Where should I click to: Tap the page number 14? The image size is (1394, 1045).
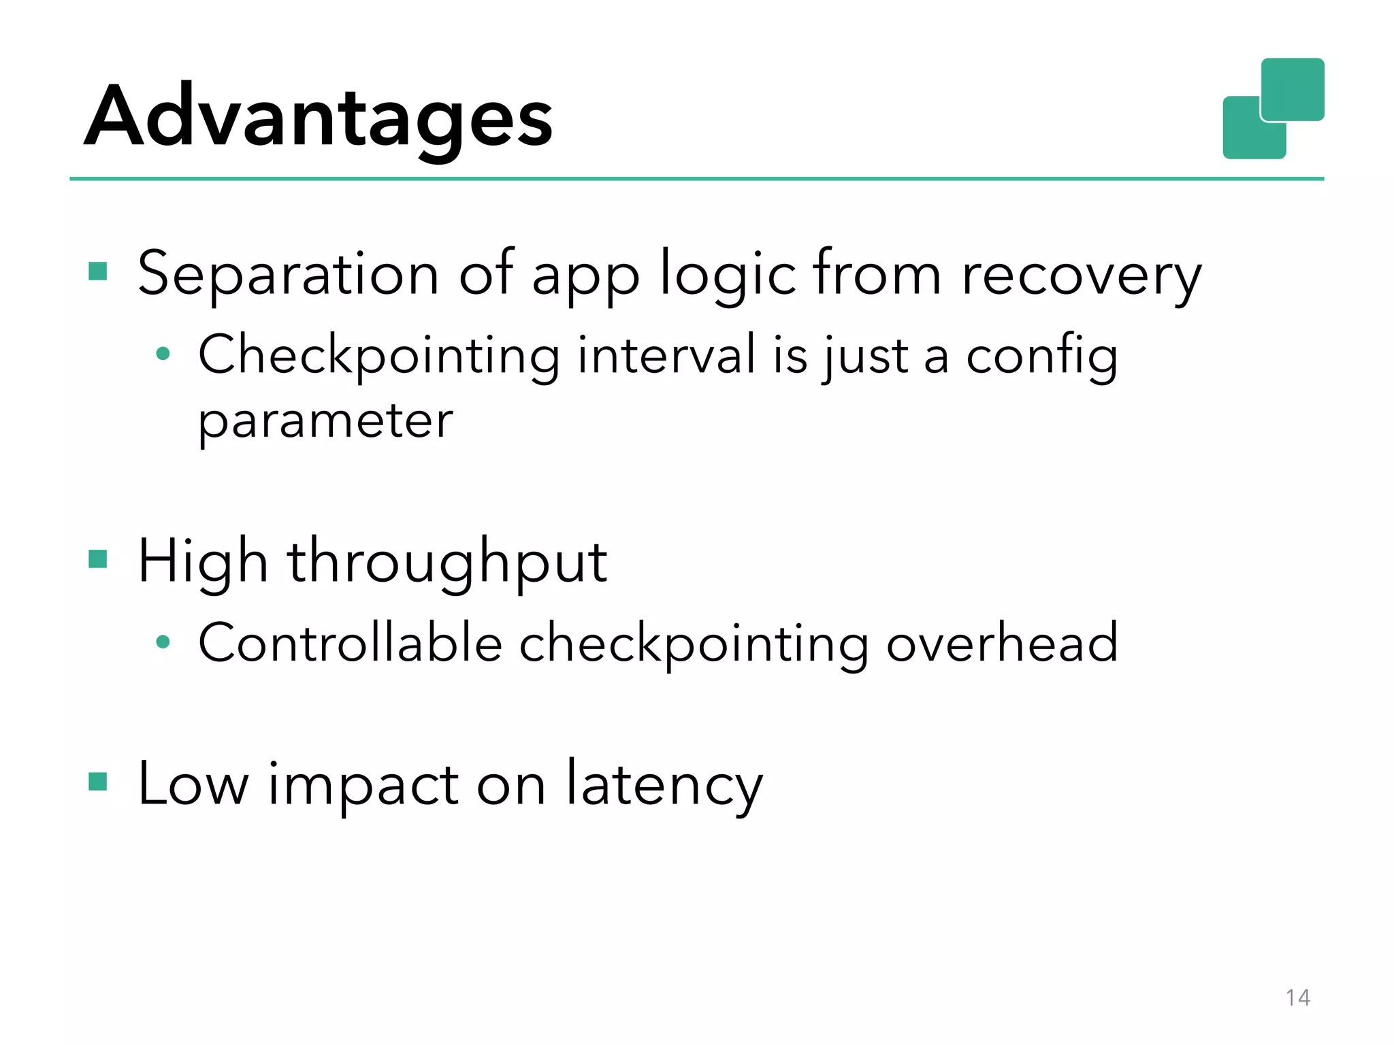pyautogui.click(x=1297, y=997)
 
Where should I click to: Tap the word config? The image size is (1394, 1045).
pyautogui.click(x=1041, y=356)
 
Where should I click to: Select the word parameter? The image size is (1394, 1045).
pyautogui.click(x=325, y=421)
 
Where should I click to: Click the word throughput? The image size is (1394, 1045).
pyautogui.click(x=447, y=563)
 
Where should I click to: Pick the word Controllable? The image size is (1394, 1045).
pyautogui.click(x=350, y=642)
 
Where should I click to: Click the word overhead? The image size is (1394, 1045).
pyautogui.click(x=1002, y=642)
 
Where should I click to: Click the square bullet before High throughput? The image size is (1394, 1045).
pyautogui.click(x=98, y=559)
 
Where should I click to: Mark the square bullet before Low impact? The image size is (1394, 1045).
pyautogui.click(x=98, y=782)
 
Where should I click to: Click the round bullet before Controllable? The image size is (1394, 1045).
pyautogui.click(x=163, y=642)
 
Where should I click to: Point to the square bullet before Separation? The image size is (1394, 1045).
pyautogui.click(x=98, y=271)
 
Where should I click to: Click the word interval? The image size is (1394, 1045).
pyautogui.click(x=666, y=354)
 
